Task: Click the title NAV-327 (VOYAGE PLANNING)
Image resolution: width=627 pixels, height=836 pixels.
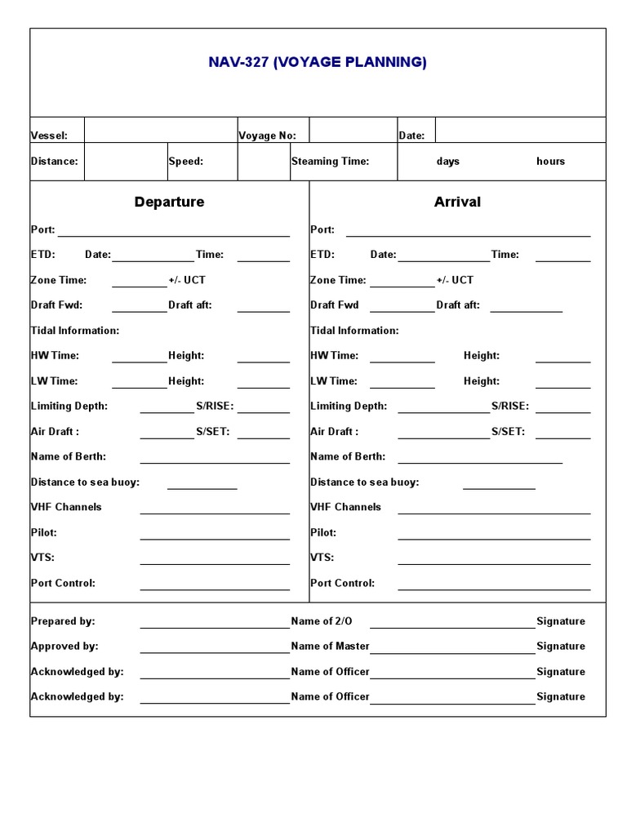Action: (x=318, y=63)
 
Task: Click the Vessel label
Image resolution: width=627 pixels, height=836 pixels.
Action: (x=49, y=136)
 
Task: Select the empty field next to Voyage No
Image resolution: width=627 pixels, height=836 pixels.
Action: (x=353, y=131)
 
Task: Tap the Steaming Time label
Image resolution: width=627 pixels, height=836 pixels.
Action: (x=331, y=162)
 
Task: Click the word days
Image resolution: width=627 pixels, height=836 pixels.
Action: (x=447, y=162)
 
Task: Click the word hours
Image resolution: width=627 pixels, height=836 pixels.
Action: (x=550, y=162)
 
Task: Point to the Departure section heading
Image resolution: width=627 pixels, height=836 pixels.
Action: (x=169, y=202)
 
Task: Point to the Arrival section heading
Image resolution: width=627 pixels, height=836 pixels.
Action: (x=457, y=202)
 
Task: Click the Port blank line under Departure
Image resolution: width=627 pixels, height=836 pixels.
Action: (x=173, y=231)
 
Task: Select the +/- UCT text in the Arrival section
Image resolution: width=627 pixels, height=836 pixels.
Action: (x=455, y=280)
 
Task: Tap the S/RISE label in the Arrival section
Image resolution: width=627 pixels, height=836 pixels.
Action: (x=509, y=407)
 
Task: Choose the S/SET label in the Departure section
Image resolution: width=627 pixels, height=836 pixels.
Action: (x=212, y=432)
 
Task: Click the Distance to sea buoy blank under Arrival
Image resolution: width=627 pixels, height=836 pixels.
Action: (x=499, y=483)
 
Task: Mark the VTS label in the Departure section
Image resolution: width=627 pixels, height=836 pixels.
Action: (x=42, y=558)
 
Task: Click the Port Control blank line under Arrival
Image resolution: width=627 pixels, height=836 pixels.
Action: (x=494, y=584)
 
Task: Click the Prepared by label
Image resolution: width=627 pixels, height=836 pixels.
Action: (x=63, y=621)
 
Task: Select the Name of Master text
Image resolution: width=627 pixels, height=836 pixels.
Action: (x=330, y=647)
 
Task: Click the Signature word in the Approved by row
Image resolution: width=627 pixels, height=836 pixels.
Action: (x=560, y=647)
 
